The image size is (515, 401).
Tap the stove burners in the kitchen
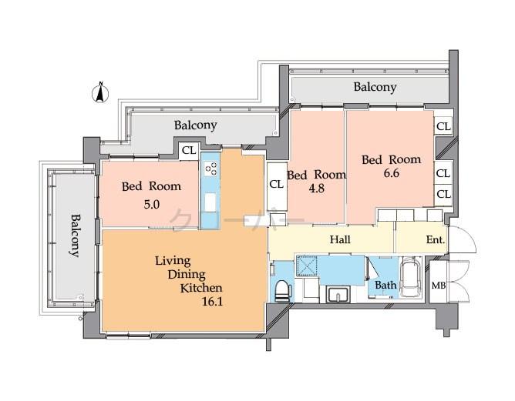[x=210, y=170]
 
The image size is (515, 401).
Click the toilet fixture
[x=283, y=292]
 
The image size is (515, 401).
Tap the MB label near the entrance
[x=438, y=286]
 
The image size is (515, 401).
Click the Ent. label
[x=436, y=240]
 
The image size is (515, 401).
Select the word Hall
[x=340, y=240]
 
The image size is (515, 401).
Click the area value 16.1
[x=210, y=302]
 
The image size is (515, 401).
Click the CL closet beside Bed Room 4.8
[x=276, y=185]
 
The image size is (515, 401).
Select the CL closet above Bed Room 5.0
[x=188, y=151]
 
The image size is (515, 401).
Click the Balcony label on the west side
[x=75, y=235]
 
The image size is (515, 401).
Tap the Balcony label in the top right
[x=375, y=87]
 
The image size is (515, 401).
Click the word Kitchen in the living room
[x=201, y=288]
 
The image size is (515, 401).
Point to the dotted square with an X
[x=307, y=264]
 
